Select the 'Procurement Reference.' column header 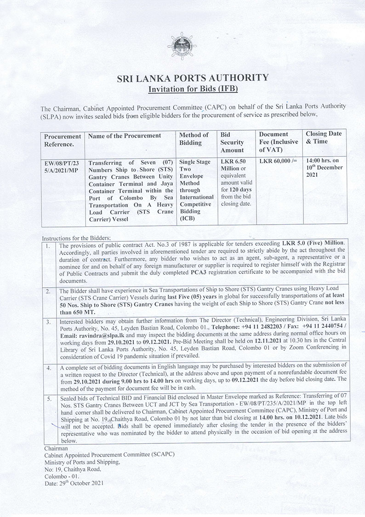pyautogui.click(x=63, y=140)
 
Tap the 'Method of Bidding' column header pyautogui.click(x=193, y=139)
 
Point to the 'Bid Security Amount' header pyautogui.click(x=232, y=142)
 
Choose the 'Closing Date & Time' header pyautogui.click(x=324, y=137)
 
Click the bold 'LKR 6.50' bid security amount pyautogui.click(x=234, y=162)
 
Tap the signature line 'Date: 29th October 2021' pyautogui.click(x=74, y=483)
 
